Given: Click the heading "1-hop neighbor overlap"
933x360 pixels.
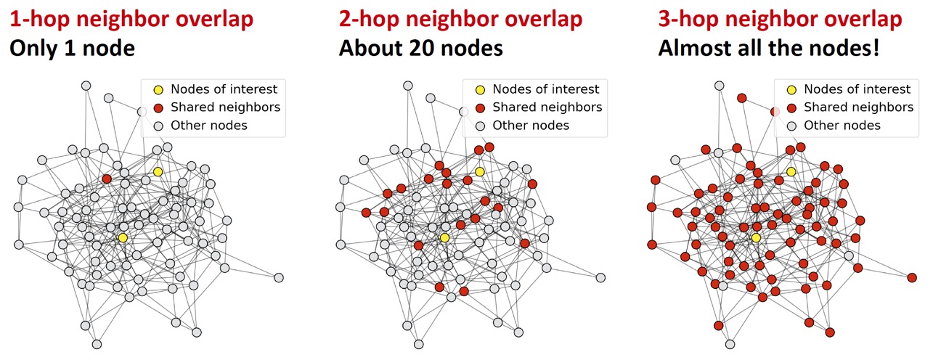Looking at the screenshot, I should pyautogui.click(x=131, y=20).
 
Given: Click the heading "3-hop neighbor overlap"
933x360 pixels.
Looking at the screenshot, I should pyautogui.click(x=781, y=20).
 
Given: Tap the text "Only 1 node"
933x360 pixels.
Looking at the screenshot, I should pyautogui.click(x=73, y=49).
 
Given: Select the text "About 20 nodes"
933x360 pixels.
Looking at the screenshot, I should pyautogui.click(x=420, y=49).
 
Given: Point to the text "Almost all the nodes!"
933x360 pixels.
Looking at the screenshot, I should pyautogui.click(x=769, y=49).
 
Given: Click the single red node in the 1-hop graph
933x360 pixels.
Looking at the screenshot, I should pyautogui.click(x=107, y=179).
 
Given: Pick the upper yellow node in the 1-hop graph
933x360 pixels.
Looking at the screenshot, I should pyautogui.click(x=158, y=171).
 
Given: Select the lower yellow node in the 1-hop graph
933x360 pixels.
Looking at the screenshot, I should pyautogui.click(x=123, y=237).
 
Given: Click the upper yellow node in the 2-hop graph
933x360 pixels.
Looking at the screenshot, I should pyautogui.click(x=479, y=171).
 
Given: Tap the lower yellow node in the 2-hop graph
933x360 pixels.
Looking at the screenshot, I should pyautogui.click(x=444, y=237).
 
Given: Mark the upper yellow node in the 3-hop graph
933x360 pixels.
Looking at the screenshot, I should pyautogui.click(x=791, y=171).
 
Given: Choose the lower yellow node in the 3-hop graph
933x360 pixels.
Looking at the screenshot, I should pyautogui.click(x=756, y=237).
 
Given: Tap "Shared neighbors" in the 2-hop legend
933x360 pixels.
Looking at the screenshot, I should pyautogui.click(x=547, y=107).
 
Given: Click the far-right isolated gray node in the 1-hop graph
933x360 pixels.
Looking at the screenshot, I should pyautogui.click(x=279, y=277).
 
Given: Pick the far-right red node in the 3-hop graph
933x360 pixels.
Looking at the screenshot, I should pyautogui.click(x=912, y=277).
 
